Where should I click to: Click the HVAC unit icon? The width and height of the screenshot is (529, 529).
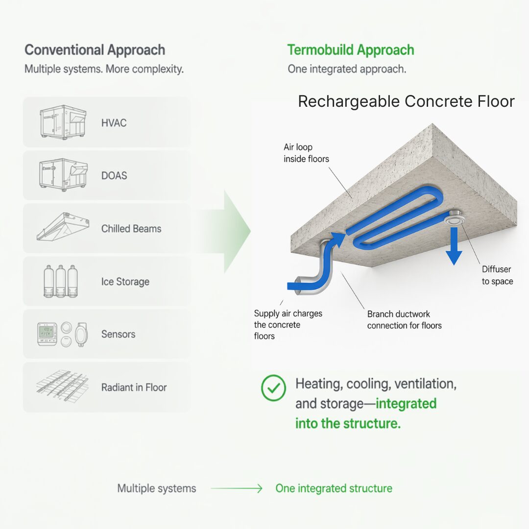coord(63,122)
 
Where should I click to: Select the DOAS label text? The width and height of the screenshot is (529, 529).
coord(114,175)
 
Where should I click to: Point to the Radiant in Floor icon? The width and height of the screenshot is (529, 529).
coord(62,386)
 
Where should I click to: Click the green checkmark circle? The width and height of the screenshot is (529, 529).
coord(273,387)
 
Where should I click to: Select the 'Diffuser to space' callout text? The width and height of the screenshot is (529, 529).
coord(497,275)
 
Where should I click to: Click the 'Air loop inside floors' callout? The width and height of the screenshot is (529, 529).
coord(306,153)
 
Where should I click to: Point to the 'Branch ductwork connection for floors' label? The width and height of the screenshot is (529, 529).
coord(404,319)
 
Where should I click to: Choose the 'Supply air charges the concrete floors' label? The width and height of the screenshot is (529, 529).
coord(288,324)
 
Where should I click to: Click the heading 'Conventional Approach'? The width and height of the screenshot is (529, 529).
coord(95,50)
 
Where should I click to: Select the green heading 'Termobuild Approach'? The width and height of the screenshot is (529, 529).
coord(350,50)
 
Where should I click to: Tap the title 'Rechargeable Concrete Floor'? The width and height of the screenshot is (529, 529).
coord(406,101)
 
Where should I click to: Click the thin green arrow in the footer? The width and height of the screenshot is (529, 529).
coord(237,488)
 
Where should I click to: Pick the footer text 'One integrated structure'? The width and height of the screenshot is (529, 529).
coord(334,488)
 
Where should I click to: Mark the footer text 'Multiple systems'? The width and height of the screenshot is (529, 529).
coord(157,488)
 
